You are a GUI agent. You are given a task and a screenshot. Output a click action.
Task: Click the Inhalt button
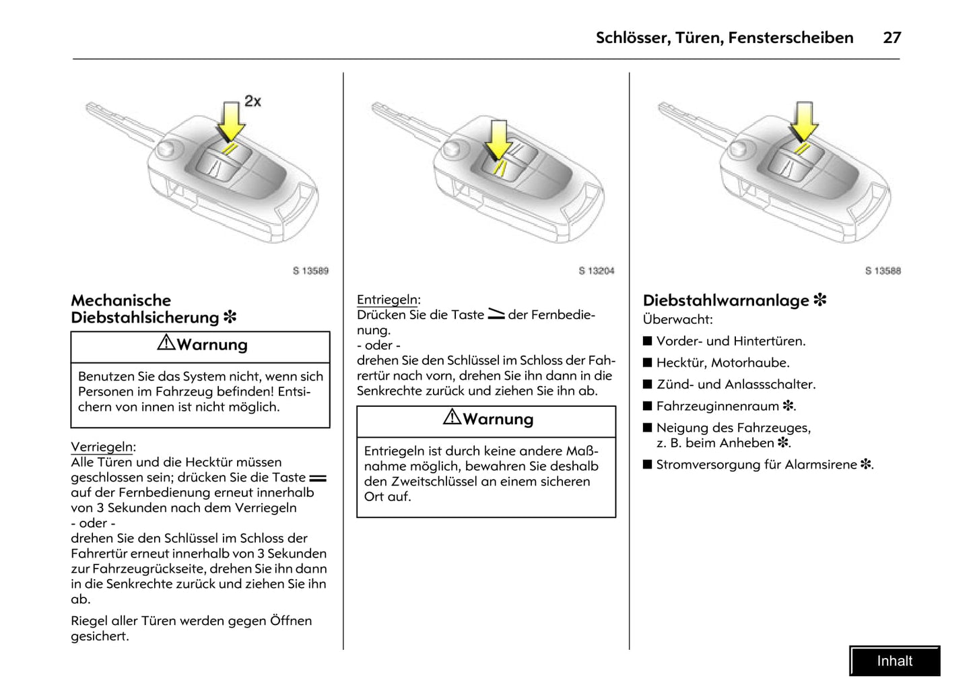click(894, 661)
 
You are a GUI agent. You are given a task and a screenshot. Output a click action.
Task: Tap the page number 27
click(892, 38)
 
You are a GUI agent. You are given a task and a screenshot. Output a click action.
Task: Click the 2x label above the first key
click(253, 101)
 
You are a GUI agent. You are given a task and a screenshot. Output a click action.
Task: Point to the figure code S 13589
click(310, 271)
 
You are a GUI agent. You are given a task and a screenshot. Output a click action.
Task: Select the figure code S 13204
click(597, 271)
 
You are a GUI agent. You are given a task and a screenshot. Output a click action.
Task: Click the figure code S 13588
click(883, 271)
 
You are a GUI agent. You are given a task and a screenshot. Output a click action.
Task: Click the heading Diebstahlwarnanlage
click(726, 300)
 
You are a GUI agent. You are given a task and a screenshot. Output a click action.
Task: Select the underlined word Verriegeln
click(102, 447)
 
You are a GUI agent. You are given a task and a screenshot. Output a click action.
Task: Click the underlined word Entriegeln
click(388, 300)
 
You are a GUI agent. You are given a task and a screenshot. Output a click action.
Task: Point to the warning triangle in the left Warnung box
click(166, 343)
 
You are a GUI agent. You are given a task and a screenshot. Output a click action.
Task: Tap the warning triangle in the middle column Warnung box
click(452, 418)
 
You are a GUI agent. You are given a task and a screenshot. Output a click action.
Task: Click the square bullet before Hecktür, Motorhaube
click(648, 363)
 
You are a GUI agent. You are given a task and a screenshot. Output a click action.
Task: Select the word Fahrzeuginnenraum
click(717, 406)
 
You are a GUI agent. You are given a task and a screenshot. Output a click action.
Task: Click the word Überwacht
click(677, 319)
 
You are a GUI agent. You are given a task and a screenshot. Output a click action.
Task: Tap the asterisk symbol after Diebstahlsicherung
click(230, 317)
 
